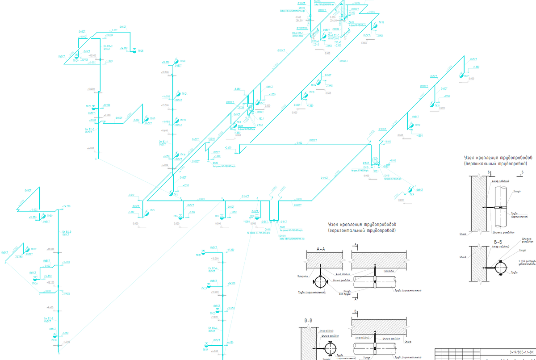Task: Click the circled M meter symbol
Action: point(375,160)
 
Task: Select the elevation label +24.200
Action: point(67,206)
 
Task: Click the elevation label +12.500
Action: point(67,294)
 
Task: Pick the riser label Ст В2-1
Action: point(163,142)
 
